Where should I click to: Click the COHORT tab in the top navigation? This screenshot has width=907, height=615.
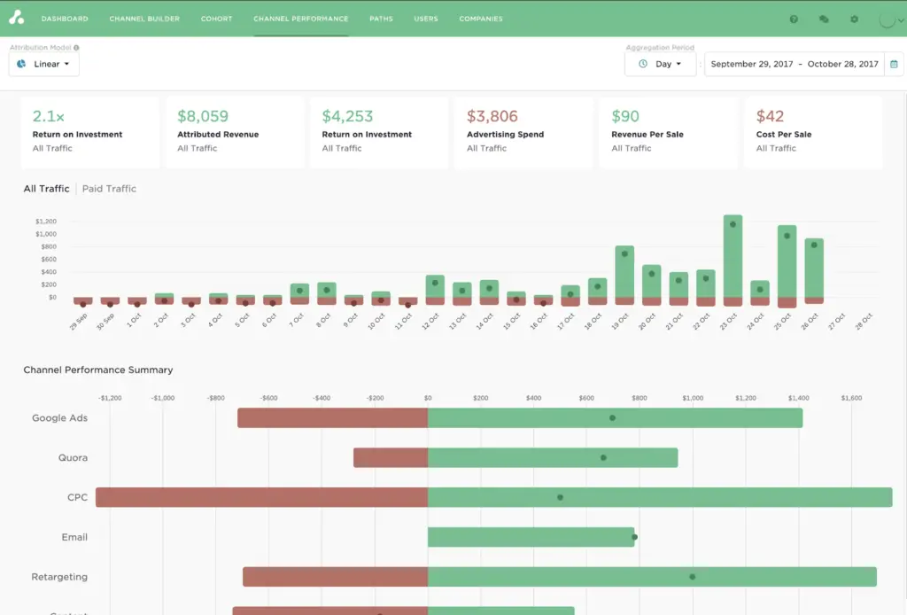(x=216, y=19)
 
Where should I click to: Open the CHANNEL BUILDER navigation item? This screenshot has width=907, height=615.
(x=144, y=19)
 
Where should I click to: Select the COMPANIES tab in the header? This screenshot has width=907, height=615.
(x=481, y=19)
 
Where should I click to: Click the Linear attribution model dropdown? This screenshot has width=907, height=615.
(x=44, y=64)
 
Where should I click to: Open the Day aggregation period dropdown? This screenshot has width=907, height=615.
(x=661, y=64)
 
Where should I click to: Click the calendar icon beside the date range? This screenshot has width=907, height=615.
(x=894, y=64)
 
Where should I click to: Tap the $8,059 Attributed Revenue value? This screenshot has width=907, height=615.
(x=203, y=116)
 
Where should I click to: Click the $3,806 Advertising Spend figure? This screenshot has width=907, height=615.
(x=492, y=116)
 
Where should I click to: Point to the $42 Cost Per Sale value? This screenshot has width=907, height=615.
(x=770, y=116)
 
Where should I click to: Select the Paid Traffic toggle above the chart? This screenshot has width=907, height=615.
(x=109, y=189)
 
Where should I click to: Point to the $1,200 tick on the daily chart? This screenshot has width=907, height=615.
(x=46, y=222)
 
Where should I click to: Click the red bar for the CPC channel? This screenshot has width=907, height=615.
(x=261, y=497)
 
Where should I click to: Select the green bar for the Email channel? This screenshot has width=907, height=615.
(x=531, y=537)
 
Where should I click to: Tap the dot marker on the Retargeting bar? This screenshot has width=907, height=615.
(x=693, y=577)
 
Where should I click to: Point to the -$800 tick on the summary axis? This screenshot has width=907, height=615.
(x=216, y=398)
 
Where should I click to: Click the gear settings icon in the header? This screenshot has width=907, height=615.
(x=854, y=19)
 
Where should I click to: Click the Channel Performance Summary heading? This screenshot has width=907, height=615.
(x=98, y=370)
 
